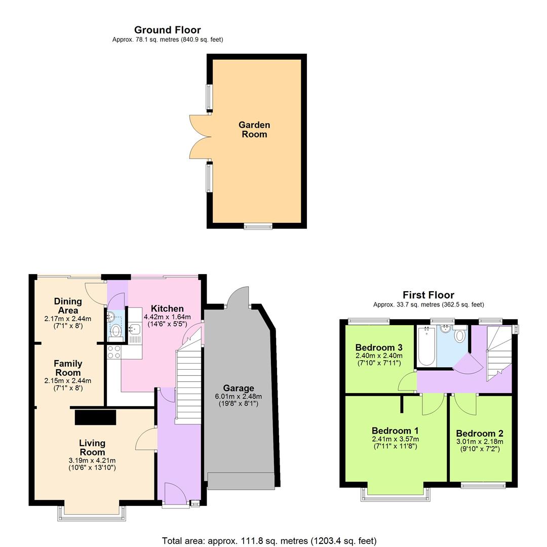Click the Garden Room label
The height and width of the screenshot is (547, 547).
254,129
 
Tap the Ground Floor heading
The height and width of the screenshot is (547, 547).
167,30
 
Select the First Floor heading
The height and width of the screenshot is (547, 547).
428,295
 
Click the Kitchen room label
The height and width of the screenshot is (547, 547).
167,308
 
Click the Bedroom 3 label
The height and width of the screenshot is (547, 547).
378,347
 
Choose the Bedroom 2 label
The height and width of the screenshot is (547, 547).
479,434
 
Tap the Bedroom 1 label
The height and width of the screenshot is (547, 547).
395,431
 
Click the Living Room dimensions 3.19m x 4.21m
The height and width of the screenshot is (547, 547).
92,460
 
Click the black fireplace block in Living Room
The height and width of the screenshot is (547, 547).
95,417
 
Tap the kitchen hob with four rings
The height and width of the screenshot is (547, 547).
114,352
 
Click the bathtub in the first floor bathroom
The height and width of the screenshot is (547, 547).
426,346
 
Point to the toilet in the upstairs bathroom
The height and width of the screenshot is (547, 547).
460,335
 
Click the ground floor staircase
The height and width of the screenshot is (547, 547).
188,380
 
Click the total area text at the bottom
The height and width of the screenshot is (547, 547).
269,541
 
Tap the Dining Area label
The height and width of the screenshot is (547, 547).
68,305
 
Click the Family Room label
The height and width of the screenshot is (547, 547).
68,368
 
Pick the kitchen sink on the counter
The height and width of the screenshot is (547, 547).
134,330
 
